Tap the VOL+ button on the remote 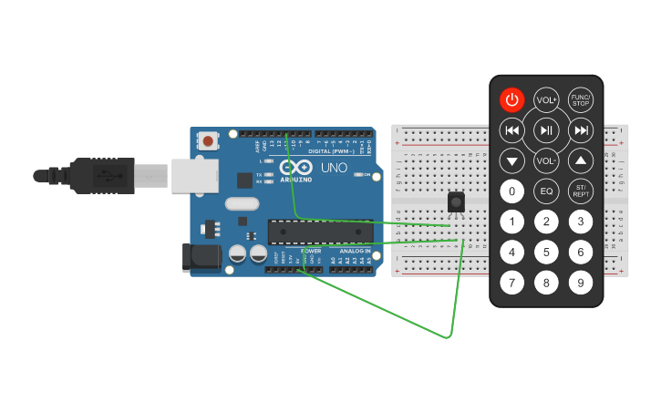pos(546,100)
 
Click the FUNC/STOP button pos(580,100)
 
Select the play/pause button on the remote pos(546,130)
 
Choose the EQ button pos(546,191)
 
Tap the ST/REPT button pos(580,191)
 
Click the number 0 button pos(512,191)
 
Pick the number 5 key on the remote pos(546,252)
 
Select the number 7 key pos(512,283)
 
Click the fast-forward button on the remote pos(580,130)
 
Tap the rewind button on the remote pos(512,130)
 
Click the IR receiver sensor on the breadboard pos(457,202)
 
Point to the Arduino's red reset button pos(209,141)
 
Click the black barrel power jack pos(201,258)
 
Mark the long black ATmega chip pos(319,232)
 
